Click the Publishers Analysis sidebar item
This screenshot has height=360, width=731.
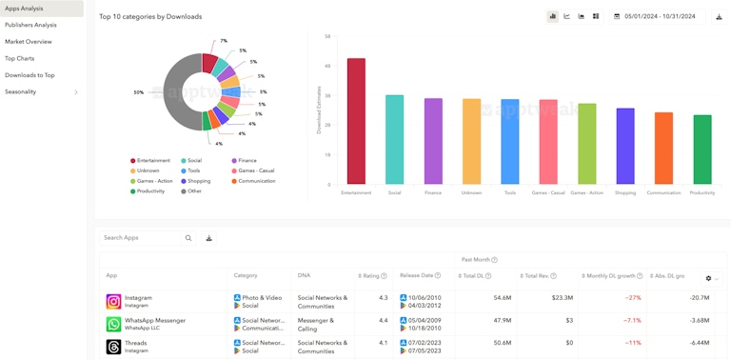[x=30, y=25]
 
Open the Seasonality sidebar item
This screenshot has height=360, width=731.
[x=21, y=91]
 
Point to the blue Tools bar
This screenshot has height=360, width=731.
[x=510, y=142]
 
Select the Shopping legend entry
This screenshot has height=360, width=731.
[x=199, y=181]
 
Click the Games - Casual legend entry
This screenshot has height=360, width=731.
[x=256, y=170]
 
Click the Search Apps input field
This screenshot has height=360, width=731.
[x=139, y=238]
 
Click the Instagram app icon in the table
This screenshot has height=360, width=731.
[x=113, y=302]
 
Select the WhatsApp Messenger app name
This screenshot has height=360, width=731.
[x=155, y=320]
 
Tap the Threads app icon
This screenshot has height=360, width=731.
[x=113, y=347]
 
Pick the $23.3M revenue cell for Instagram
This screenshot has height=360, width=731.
[x=562, y=298]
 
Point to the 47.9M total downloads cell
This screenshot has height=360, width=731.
[x=503, y=321]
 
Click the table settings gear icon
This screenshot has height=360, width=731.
[x=708, y=279]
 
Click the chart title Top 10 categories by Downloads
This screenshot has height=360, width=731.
[x=150, y=16]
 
